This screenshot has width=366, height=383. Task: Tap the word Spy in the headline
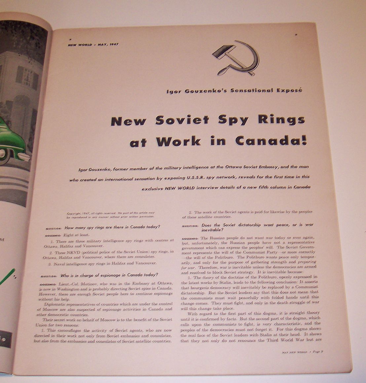click(233, 120)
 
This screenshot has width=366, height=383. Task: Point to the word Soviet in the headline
click(182, 120)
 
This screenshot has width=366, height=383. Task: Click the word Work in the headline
click(178, 142)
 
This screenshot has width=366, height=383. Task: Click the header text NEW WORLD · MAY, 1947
click(93, 45)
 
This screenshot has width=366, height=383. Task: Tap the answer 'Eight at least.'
click(77, 235)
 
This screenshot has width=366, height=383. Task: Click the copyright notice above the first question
click(111, 215)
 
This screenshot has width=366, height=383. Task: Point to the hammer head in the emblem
click(221, 52)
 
